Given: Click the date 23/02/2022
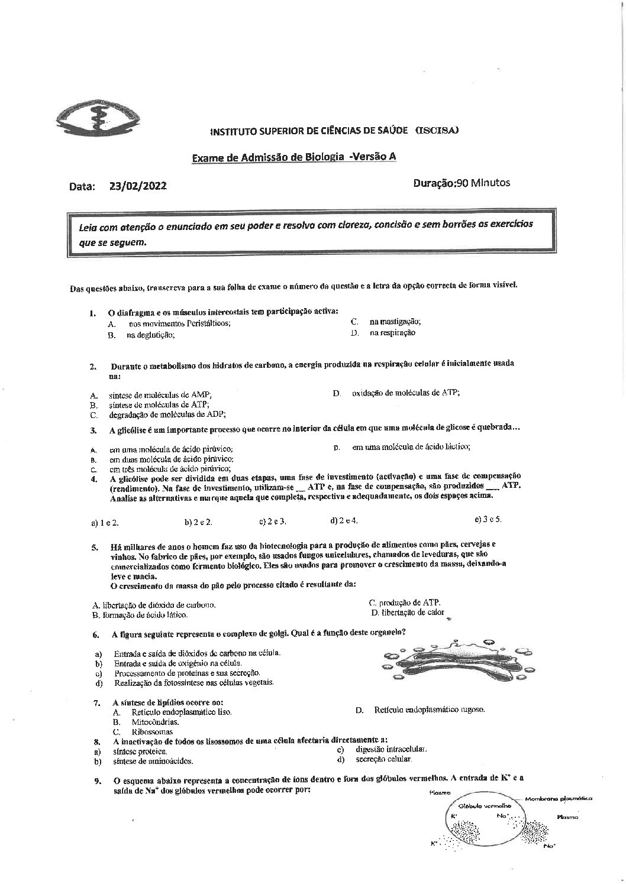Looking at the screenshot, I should (138, 186).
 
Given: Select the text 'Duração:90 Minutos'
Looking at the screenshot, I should (461, 183).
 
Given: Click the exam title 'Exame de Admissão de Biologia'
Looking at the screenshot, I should (268, 157).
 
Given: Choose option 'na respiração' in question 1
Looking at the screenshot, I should (392, 333).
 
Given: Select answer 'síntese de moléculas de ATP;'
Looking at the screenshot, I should (159, 404).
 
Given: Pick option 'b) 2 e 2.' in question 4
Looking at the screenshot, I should (198, 522).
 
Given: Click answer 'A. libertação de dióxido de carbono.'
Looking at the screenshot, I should (154, 605).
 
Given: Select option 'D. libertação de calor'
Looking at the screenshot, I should (408, 613).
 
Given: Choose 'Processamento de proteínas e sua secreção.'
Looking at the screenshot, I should (187, 673).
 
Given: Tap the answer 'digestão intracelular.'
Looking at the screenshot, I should (391, 749).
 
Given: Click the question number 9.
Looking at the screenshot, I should (97, 781).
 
